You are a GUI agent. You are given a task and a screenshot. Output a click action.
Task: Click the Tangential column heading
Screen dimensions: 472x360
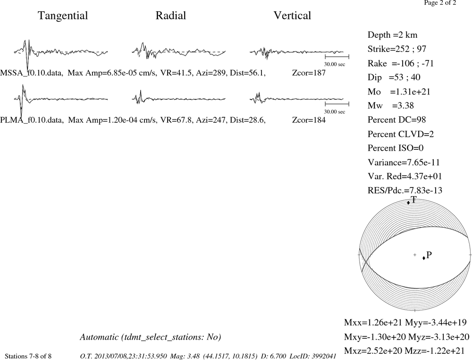point(63,16)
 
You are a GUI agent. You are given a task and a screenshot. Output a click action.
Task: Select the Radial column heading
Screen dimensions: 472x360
point(171,16)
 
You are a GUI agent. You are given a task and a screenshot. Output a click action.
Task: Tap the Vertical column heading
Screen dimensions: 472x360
point(292,16)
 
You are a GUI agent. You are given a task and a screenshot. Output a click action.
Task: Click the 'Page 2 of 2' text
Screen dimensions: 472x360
point(440,3)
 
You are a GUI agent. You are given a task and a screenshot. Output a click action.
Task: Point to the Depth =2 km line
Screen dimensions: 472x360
point(393,35)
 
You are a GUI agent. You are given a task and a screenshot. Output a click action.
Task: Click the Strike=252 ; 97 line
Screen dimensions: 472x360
point(397,49)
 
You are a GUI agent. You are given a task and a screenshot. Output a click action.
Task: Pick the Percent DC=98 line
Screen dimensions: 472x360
point(397,120)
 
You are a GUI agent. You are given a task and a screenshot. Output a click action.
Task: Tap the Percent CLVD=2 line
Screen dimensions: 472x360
point(401,134)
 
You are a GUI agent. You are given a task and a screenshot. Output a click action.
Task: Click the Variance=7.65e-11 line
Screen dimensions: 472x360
point(404,163)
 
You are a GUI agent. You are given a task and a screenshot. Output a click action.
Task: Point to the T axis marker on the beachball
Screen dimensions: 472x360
point(408,203)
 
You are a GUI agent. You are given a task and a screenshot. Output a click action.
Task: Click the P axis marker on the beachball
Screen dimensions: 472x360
point(424,258)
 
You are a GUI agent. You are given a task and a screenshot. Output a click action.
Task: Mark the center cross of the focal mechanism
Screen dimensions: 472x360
point(415,255)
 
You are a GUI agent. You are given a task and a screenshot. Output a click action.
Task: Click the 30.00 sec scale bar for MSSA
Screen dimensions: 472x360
point(337,57)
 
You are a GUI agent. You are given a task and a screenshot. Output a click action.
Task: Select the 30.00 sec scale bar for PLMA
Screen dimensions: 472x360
point(337,104)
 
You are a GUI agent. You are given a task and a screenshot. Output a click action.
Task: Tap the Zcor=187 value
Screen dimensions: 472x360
point(309,73)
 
